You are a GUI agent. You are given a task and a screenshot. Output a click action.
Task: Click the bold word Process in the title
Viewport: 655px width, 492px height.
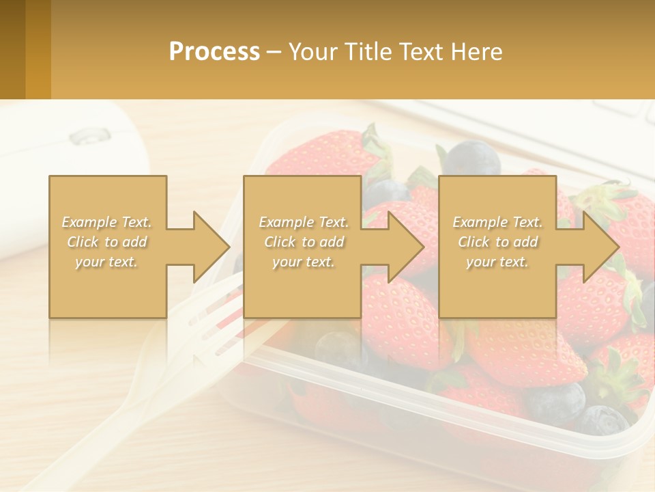coord(214,52)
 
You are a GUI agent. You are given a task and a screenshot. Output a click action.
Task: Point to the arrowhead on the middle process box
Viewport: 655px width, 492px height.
coord(405,247)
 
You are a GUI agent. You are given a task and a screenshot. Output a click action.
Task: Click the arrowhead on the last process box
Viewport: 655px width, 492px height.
coord(600,247)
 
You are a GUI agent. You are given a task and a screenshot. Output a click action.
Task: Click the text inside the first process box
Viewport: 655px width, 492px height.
coord(107,242)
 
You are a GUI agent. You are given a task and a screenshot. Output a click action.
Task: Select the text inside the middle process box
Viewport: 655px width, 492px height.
coord(303,242)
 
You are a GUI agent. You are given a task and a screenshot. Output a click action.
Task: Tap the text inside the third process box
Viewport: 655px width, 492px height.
coord(497,242)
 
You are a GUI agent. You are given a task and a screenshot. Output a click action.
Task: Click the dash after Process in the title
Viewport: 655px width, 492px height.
coord(274,52)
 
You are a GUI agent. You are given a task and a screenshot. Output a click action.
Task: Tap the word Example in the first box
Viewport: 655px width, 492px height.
coord(89,222)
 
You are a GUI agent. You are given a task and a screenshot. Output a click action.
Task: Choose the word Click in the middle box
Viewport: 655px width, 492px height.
coord(279,242)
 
